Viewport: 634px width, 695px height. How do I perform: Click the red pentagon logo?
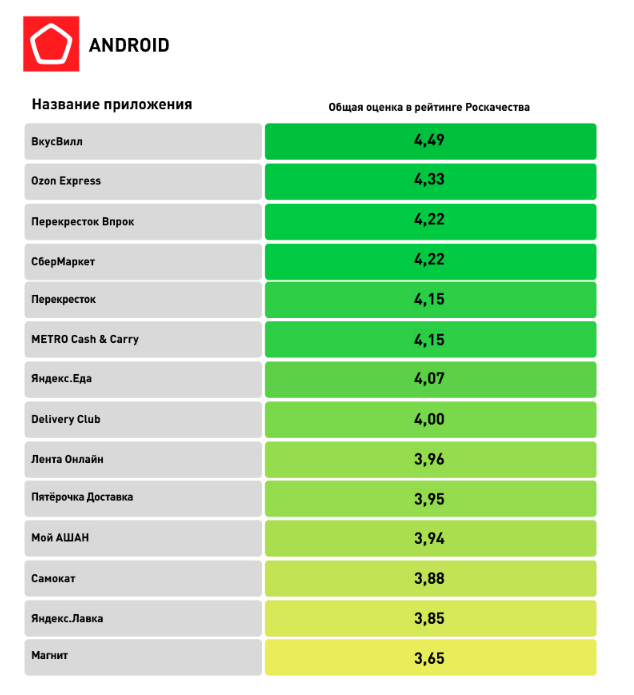(50, 45)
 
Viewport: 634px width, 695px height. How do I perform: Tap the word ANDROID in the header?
(129, 45)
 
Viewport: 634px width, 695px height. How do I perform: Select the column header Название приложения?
(111, 104)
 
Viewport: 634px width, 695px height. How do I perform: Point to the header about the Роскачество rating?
(429, 107)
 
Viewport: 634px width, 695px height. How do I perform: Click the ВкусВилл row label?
(57, 141)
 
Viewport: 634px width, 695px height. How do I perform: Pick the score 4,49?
(429, 141)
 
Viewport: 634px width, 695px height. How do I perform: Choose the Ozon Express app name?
(66, 181)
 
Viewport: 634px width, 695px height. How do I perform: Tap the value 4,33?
(429, 181)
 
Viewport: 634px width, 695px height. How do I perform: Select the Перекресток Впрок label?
(82, 221)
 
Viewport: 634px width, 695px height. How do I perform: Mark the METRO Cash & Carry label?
(85, 339)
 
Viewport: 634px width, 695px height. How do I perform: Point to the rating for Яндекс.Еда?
(429, 379)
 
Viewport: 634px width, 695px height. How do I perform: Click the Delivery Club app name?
(66, 419)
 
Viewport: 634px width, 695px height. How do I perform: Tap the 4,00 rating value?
(429, 419)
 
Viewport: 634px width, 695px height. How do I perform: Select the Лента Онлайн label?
(67, 459)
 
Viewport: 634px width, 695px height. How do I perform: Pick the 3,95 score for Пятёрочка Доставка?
(429, 498)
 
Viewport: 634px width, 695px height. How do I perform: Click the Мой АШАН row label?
(60, 538)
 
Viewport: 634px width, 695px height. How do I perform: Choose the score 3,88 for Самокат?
(429, 578)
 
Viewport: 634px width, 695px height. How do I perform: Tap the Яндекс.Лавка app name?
(67, 618)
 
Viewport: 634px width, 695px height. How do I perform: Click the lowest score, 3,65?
(429, 658)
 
